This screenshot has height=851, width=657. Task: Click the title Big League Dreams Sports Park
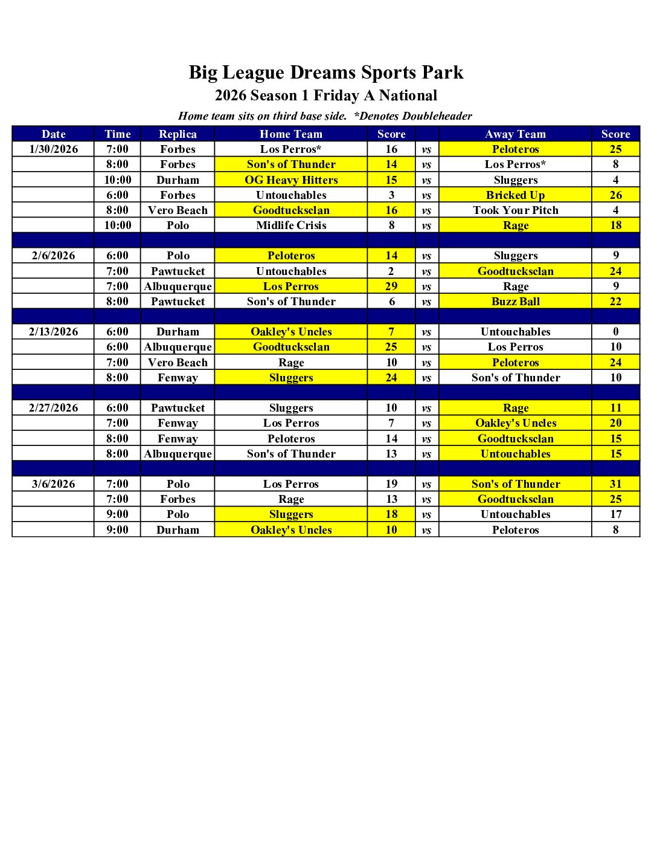click(326, 73)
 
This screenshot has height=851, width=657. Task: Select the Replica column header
click(178, 134)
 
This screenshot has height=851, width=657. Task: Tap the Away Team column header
click(515, 134)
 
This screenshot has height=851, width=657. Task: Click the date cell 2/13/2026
click(53, 332)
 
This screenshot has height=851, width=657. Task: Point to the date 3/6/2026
click(53, 484)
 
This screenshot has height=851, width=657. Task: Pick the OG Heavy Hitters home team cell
click(291, 180)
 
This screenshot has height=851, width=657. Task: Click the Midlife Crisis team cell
click(291, 225)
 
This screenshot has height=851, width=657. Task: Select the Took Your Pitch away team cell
click(515, 210)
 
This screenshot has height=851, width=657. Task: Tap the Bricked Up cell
click(515, 195)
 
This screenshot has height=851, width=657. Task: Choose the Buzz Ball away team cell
click(515, 302)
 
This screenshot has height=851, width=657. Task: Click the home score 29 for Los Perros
click(391, 286)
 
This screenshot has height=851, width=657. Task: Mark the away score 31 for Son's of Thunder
click(615, 484)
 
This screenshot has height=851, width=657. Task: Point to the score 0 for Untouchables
click(615, 332)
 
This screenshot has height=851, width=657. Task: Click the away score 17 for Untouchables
click(615, 514)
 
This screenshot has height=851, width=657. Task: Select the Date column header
click(53, 134)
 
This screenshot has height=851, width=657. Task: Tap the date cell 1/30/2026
click(53, 149)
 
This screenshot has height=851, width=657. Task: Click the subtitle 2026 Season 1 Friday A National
click(326, 95)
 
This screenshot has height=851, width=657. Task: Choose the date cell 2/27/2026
click(53, 408)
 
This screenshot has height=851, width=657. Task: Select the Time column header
click(117, 134)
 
